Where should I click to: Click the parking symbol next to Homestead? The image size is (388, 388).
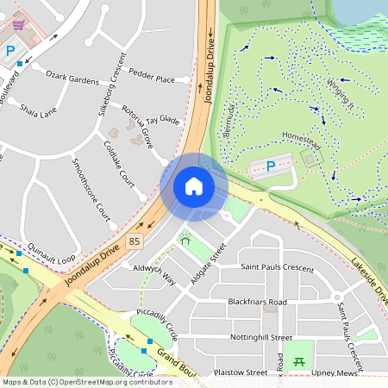point(272,166)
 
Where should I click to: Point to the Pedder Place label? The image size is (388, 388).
point(152,79)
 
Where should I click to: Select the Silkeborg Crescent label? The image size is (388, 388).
point(111,84)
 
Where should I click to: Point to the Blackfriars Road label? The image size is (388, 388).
point(257,303)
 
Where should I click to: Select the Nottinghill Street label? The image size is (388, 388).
point(255,337)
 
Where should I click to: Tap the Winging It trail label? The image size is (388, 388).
point(341,92)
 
